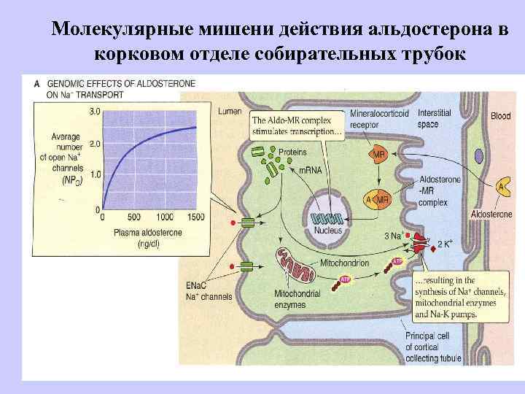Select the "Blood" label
point(501,116)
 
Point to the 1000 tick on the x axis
point(164,217)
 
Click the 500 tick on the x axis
point(133,217)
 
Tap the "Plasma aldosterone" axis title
point(149,232)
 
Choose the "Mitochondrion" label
point(345,262)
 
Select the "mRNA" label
point(309,170)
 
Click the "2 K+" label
point(444,244)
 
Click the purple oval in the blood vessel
point(478,155)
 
